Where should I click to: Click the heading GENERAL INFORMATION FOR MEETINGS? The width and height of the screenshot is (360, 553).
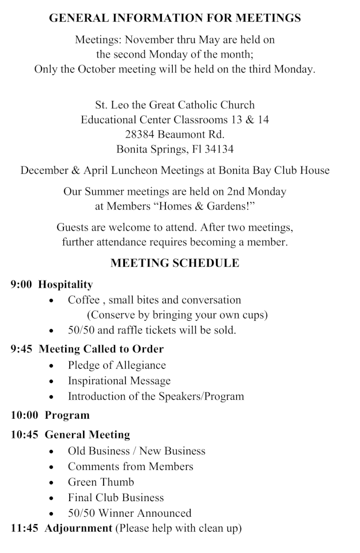click(x=175, y=18)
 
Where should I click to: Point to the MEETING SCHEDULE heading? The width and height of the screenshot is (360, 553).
click(x=175, y=263)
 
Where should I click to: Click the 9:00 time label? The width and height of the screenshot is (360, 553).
click(x=21, y=285)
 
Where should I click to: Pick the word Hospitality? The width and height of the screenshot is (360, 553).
click(x=66, y=285)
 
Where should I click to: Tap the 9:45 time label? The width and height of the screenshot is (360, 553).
click(x=21, y=349)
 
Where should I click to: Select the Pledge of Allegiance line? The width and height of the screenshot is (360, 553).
click(x=117, y=365)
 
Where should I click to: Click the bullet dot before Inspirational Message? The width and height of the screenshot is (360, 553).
click(x=52, y=381)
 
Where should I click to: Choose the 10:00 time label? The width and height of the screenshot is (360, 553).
click(x=25, y=415)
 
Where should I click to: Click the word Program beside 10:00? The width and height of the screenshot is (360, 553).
click(x=67, y=415)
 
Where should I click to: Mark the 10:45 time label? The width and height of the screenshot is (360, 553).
click(x=25, y=435)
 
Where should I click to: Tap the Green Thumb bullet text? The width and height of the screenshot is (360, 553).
click(x=101, y=482)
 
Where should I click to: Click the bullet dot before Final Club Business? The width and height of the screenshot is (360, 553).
click(x=52, y=498)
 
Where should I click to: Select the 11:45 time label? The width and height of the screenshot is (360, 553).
click(x=25, y=528)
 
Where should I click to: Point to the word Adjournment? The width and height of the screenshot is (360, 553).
click(x=78, y=528)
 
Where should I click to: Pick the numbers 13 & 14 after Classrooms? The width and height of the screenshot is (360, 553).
click(x=248, y=120)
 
